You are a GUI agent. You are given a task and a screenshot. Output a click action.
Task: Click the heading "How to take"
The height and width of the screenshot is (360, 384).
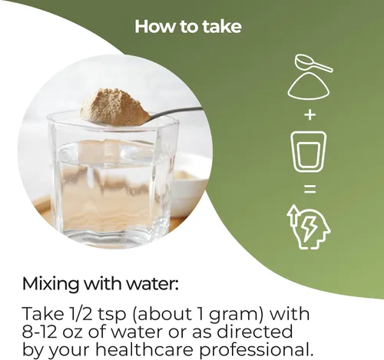[x=188, y=27]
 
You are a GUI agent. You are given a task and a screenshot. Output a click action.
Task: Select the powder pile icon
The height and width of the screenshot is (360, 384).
[x=309, y=86]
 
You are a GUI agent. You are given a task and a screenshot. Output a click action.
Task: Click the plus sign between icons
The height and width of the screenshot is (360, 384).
[x=310, y=114]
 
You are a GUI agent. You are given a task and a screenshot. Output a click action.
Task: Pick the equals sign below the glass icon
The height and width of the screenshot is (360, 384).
[x=310, y=189]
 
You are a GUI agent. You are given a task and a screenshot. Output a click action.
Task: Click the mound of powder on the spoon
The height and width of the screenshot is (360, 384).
[x=114, y=107]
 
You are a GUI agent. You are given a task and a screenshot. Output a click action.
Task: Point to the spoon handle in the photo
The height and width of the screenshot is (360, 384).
[x=177, y=111]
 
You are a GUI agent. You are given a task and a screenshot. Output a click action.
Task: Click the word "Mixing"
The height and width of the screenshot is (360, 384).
[x=51, y=285]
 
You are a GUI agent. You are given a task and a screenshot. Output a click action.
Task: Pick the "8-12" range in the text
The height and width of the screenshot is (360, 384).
[x=39, y=332]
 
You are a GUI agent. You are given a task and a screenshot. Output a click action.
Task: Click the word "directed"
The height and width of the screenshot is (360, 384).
[x=254, y=331]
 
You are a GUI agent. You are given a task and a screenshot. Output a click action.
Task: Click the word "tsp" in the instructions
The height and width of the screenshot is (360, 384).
[x=112, y=315]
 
